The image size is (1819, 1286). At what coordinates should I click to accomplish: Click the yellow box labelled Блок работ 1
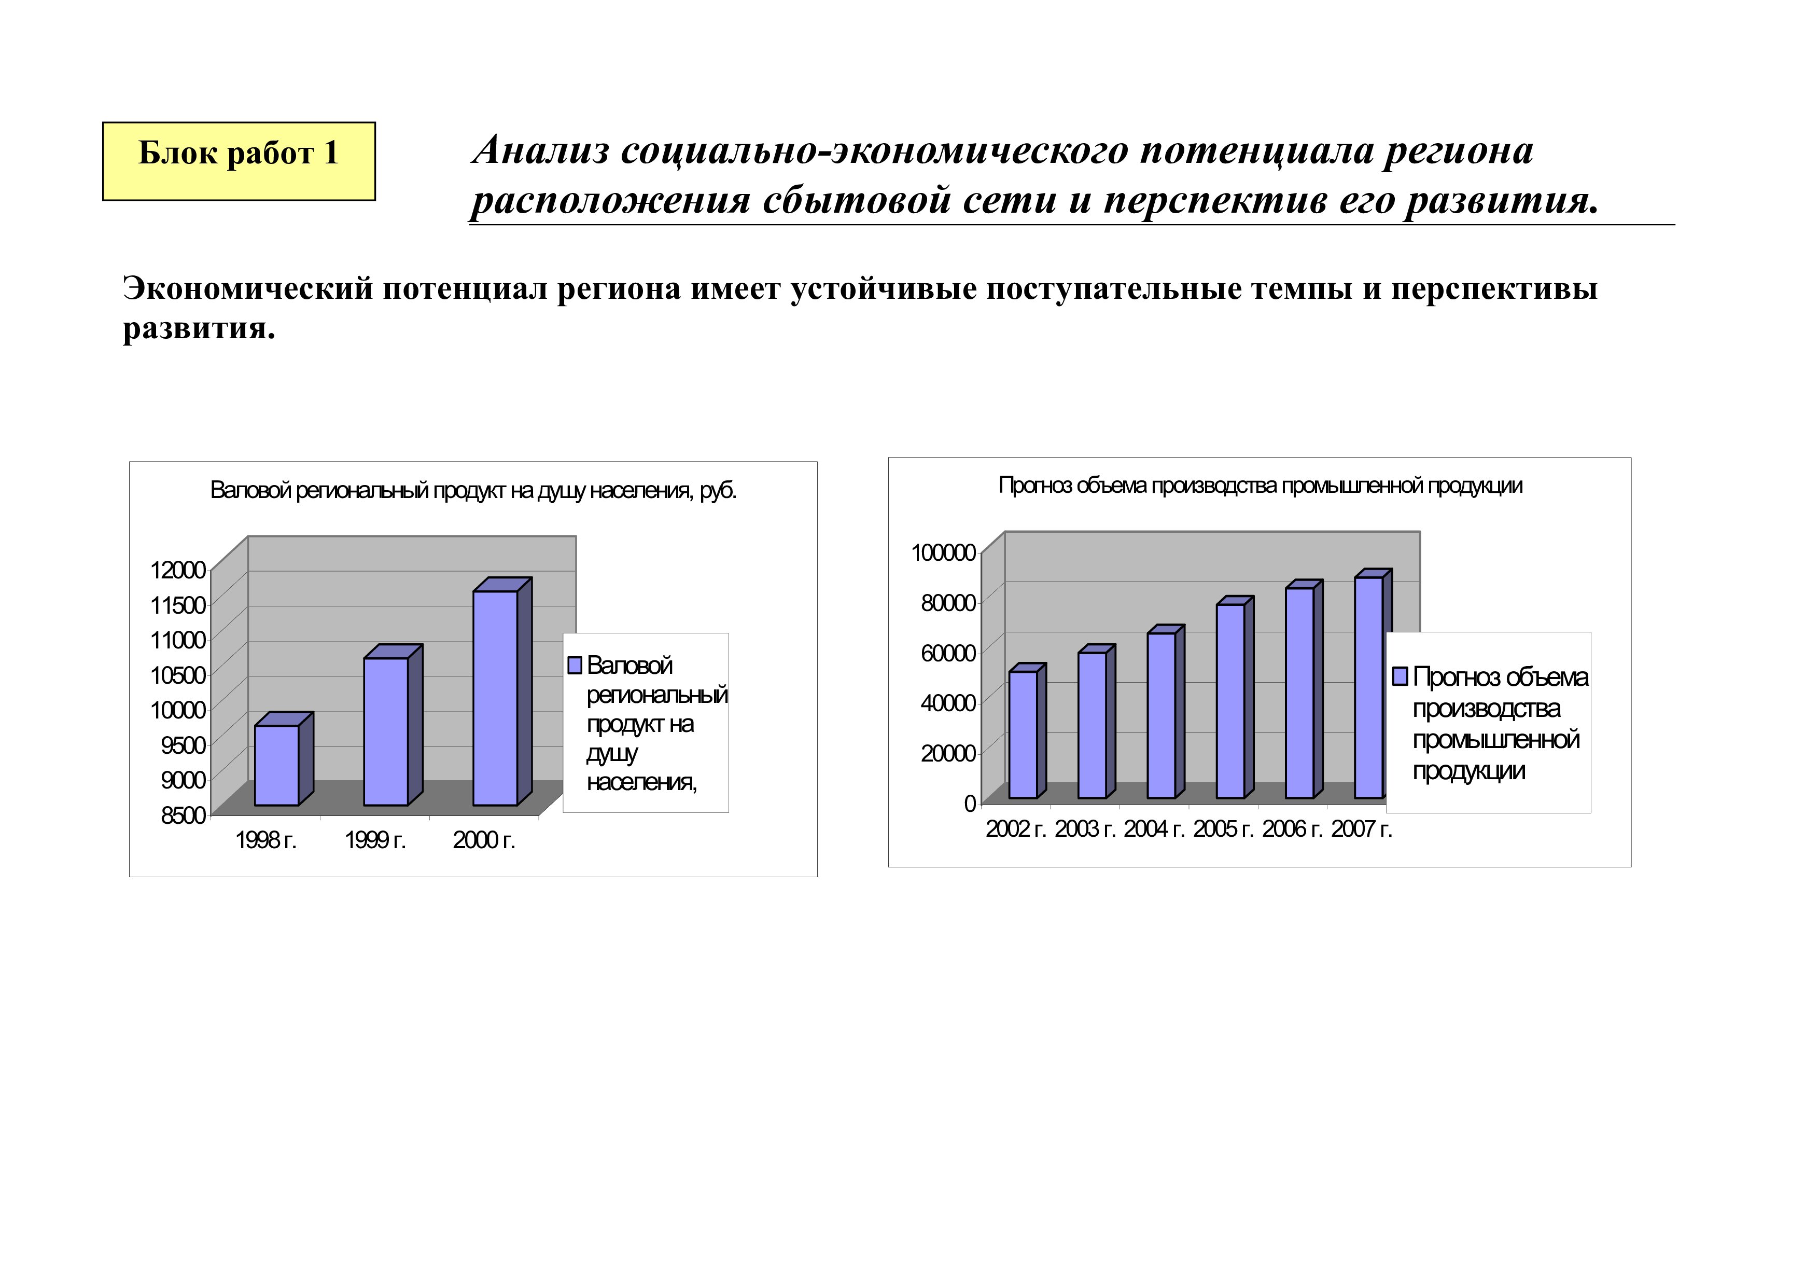[239, 161]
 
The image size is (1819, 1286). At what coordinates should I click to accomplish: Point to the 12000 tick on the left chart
[178, 570]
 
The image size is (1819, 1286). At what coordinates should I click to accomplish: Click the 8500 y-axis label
[183, 815]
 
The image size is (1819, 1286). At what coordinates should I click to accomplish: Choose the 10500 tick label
[178, 675]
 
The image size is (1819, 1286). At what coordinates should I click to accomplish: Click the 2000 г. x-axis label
[484, 841]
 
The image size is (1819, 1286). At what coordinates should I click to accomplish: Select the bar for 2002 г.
[1023, 735]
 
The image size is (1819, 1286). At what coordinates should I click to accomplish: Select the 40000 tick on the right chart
[948, 703]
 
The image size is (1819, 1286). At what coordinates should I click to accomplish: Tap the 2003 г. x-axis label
[1085, 829]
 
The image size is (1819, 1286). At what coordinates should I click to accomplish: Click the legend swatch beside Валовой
[575, 666]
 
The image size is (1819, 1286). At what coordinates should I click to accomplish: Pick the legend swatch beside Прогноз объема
[1400, 676]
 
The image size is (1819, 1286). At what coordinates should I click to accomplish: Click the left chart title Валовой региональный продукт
[473, 491]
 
